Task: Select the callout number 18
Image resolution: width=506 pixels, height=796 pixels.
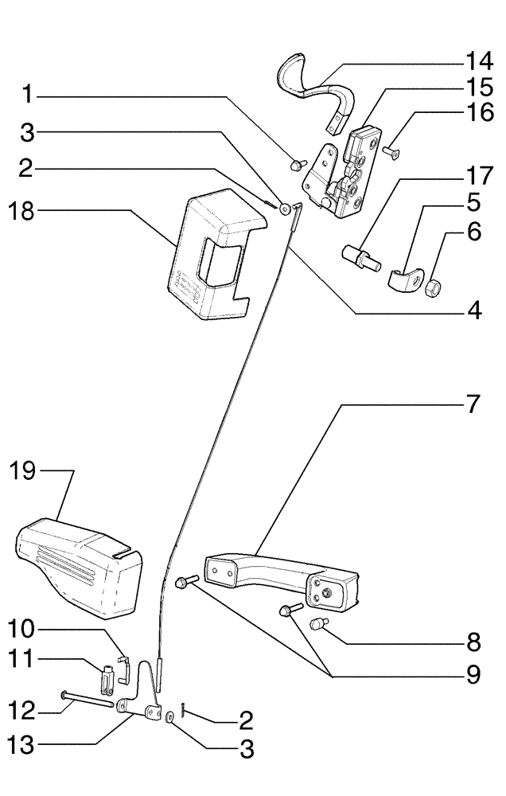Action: [x=24, y=211]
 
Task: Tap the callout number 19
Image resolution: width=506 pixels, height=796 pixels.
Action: [x=24, y=471]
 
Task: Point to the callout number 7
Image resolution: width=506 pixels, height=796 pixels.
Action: [x=473, y=404]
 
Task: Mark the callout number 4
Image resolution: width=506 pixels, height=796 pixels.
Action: [x=474, y=311]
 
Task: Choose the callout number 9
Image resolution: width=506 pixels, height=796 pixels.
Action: [x=473, y=676]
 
